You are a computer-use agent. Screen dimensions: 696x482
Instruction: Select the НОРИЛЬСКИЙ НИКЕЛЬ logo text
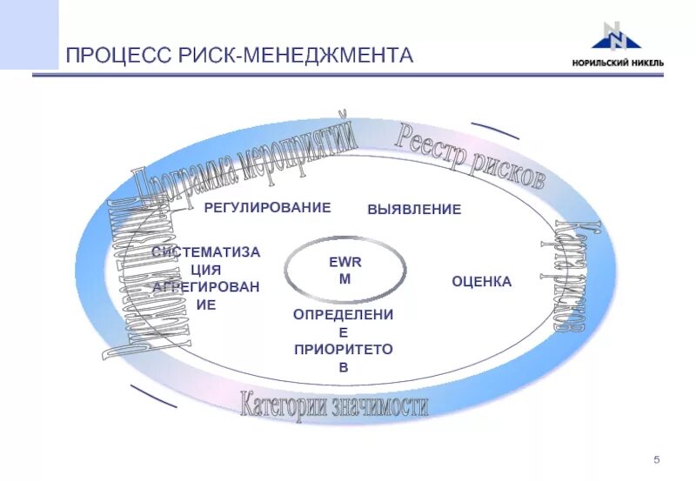pyautogui.click(x=617, y=62)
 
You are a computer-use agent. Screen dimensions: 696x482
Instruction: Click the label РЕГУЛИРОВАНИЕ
pyautogui.click(x=267, y=207)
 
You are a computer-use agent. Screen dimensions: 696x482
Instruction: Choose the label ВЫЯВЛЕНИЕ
pyautogui.click(x=414, y=210)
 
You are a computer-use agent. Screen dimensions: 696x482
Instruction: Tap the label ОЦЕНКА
pyautogui.click(x=481, y=282)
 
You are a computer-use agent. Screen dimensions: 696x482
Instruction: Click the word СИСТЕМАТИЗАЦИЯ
pyautogui.click(x=205, y=260)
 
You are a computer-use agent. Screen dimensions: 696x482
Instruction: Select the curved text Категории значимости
pyautogui.click(x=334, y=405)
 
